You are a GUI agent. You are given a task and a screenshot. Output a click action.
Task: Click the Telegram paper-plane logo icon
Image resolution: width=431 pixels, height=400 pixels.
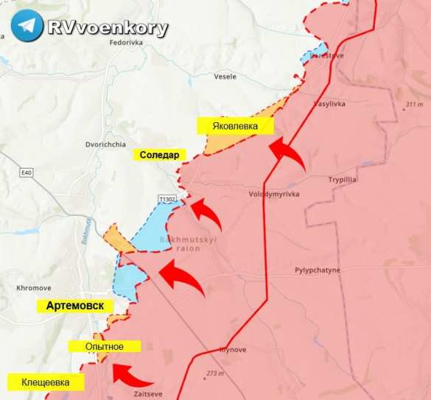pyautogui.click(x=27, y=26)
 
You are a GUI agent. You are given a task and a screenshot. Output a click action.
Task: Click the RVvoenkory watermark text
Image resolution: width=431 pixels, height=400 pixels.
pyautogui.click(x=108, y=27)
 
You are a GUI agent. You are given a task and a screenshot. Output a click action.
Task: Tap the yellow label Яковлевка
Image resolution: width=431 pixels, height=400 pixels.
pyautogui.click(x=235, y=126)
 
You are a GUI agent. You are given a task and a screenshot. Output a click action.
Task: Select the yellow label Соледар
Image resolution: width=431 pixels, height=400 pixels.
pyautogui.click(x=159, y=155)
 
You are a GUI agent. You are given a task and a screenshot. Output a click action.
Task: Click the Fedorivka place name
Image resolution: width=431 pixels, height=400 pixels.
pyautogui.click(x=125, y=43)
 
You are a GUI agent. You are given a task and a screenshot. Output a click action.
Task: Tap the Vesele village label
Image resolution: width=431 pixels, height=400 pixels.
pyautogui.click(x=225, y=76)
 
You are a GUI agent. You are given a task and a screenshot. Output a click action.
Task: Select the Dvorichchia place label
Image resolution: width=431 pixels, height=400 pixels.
pyautogui.click(x=107, y=144)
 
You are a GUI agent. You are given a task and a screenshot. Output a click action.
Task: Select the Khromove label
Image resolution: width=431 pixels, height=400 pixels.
pyautogui.click(x=32, y=287)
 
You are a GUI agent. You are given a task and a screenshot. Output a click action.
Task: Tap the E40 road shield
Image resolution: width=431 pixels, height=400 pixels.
pyautogui.click(x=27, y=172)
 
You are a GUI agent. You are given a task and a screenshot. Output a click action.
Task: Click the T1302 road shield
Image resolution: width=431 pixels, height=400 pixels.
pyautogui.click(x=168, y=199)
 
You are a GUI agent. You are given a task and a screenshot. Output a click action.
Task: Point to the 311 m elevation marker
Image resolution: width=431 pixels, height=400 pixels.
pyautogui.click(x=413, y=105)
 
